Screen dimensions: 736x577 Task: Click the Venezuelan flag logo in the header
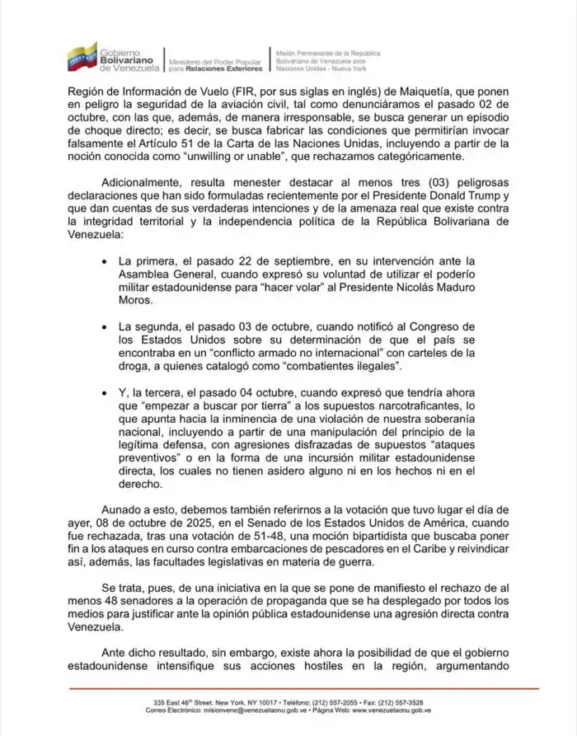click(x=82, y=55)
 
